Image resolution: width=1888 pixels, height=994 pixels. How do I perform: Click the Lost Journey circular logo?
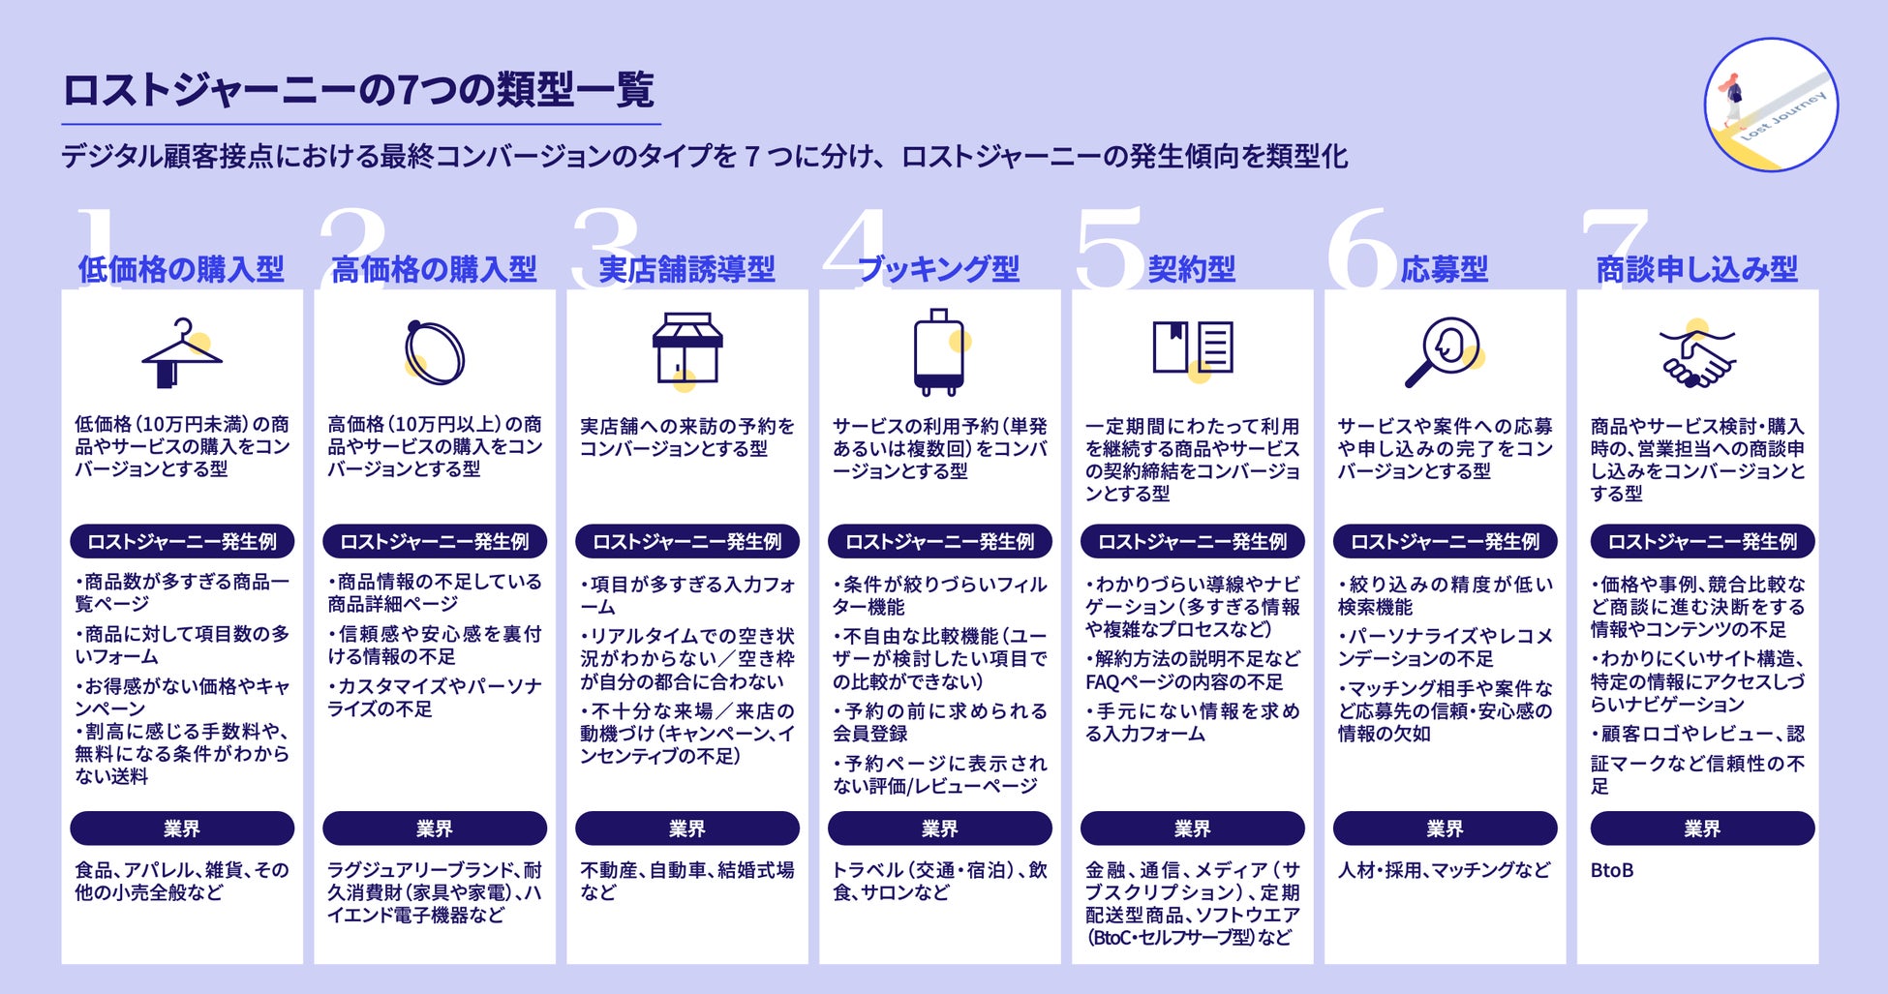[1771, 105]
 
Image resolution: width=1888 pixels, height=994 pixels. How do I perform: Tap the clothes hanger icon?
[181, 353]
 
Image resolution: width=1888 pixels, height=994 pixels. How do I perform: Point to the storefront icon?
[686, 348]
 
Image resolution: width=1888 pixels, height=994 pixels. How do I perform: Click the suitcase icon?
[938, 352]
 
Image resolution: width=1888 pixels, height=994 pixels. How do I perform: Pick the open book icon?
[1192, 348]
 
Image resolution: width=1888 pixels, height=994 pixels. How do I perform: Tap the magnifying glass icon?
[1443, 351]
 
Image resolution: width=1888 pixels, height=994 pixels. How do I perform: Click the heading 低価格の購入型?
[181, 269]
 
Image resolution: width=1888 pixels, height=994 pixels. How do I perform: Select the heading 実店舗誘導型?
[686, 269]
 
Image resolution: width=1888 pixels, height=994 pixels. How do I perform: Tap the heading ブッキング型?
[938, 269]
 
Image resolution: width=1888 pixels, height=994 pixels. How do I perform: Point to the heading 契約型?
[1192, 269]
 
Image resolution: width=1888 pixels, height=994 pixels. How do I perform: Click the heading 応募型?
[1444, 269]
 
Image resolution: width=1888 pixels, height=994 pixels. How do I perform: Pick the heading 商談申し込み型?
[1696, 269]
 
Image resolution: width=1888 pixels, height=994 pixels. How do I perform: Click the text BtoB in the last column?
[1612, 870]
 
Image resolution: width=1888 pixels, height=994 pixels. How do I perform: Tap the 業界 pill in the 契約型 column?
[1192, 828]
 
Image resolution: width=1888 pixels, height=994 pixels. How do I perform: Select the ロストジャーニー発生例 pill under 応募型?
[1445, 541]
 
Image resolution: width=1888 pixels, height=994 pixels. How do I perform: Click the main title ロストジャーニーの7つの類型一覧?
[358, 90]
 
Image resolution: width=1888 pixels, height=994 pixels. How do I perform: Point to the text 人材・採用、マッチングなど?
[1444, 870]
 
